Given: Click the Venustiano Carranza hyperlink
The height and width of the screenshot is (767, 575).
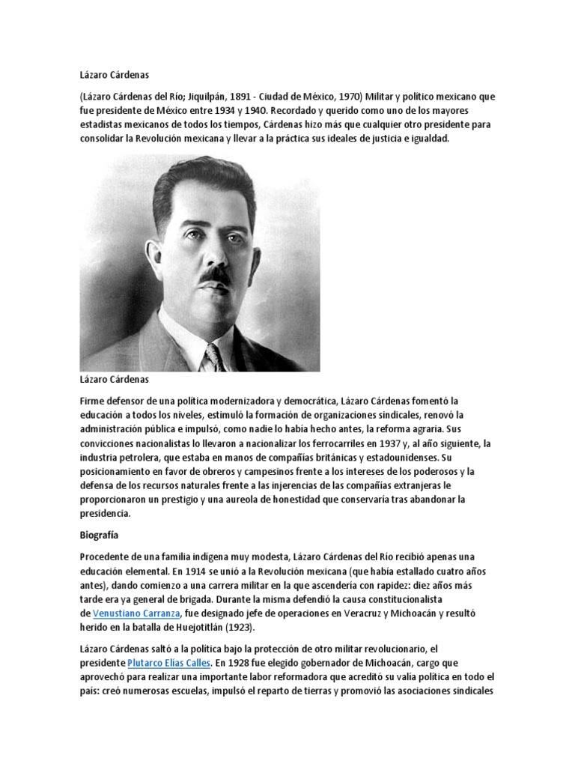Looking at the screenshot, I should point(136,613).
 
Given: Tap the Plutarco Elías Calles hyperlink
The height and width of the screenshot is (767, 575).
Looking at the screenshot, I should point(168,664).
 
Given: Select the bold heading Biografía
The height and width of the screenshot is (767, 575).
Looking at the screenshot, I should point(99,536).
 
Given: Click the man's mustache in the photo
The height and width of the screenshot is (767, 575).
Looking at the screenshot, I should point(214,275).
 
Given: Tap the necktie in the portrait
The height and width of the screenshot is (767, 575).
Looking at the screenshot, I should point(216,357).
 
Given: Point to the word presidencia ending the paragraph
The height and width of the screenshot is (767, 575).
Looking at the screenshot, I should point(105,514).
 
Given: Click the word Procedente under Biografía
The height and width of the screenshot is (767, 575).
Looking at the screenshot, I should point(106,557).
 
